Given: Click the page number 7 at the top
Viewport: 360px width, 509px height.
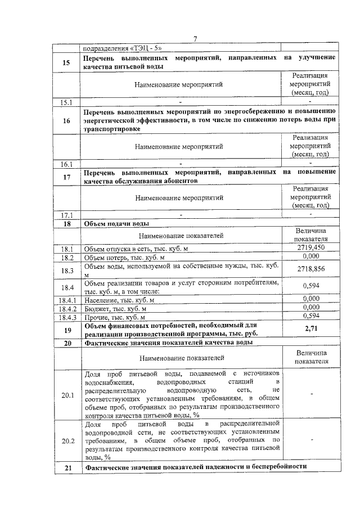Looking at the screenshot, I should (195, 39).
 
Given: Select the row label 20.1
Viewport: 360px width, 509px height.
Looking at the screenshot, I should (67, 395).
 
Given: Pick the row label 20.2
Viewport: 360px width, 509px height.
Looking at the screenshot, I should (67, 440).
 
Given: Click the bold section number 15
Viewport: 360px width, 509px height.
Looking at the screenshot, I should (67, 62).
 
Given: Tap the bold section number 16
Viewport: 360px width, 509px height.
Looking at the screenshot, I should (67, 120).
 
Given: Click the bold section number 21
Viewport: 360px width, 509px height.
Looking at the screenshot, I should (67, 467).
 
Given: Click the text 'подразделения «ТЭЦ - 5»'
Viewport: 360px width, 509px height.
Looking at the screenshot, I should (118, 48).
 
